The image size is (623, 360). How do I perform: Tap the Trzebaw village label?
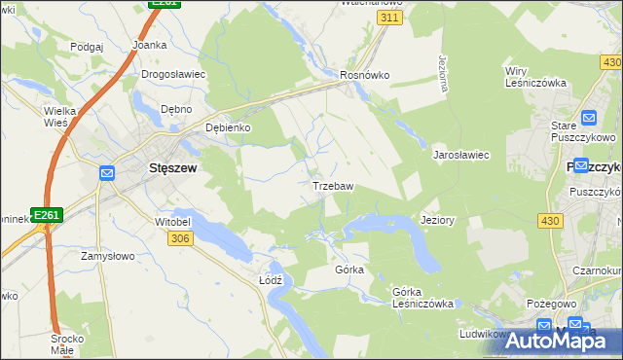click(x=332, y=185)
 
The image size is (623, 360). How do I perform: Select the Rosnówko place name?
click(x=364, y=74)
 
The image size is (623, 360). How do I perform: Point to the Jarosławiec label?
click(x=460, y=155)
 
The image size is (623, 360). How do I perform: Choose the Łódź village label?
click(x=271, y=279)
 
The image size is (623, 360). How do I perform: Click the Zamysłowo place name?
click(x=106, y=256)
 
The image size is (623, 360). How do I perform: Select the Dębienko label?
click(x=228, y=127)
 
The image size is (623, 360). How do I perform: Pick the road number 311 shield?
click(x=389, y=18)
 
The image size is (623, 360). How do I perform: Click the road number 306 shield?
click(x=179, y=239)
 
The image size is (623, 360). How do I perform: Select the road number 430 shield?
click(x=550, y=222)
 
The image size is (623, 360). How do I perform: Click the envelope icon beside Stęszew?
click(x=107, y=174)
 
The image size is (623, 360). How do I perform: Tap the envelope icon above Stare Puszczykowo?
click(x=587, y=119)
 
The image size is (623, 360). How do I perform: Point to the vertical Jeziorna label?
click(x=444, y=73)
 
